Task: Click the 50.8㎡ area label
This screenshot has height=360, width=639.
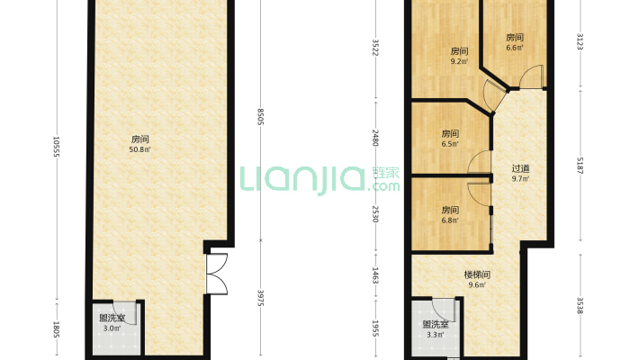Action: tap(140, 150)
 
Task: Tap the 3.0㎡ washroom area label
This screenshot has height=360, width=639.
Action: tap(111, 329)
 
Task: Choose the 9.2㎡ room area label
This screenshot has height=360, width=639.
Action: tap(459, 63)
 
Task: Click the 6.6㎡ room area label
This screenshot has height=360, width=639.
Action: tap(515, 49)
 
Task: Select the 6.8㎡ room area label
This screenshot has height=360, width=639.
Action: tap(450, 220)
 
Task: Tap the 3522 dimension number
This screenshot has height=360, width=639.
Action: tap(375, 46)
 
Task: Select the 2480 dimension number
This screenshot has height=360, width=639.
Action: tap(375, 139)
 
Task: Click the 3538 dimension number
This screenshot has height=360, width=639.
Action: tap(580, 305)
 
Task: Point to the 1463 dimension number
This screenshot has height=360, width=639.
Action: tap(375, 275)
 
